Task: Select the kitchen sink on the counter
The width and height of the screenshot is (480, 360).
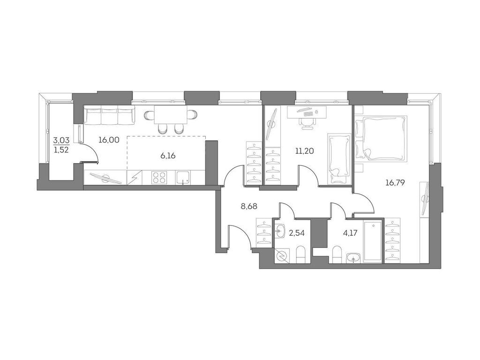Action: click(183, 177)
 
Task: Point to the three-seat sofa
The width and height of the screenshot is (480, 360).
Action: click(109, 116)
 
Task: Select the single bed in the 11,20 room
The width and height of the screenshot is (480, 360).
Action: click(338, 159)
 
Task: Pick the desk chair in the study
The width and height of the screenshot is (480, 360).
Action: click(307, 121)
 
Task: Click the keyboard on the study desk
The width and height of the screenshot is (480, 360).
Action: click(307, 112)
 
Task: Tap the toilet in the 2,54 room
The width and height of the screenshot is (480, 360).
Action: click(300, 255)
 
